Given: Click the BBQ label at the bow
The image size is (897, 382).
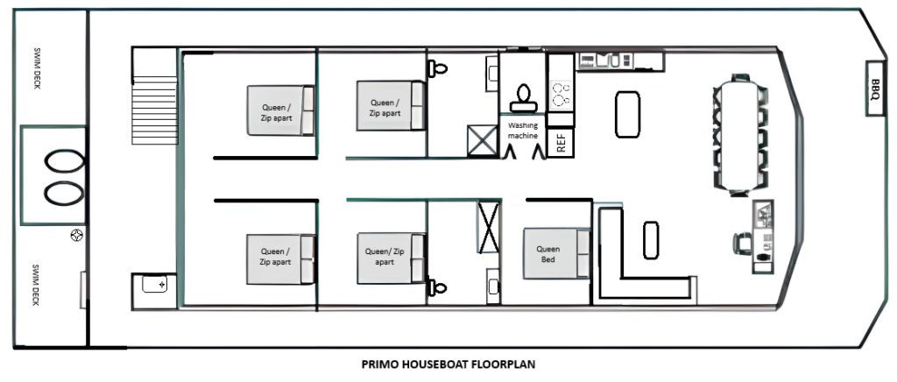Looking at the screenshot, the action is (875, 88).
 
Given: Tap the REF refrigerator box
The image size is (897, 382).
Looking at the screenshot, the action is (561, 143).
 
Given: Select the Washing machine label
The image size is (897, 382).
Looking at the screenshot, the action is (523, 130).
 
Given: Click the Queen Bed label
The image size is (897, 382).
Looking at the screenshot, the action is (548, 254).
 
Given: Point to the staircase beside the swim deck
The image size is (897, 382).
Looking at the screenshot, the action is (154, 110).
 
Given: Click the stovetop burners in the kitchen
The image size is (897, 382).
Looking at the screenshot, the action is (560, 95).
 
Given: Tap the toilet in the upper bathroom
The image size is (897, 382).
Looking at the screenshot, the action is (438, 69).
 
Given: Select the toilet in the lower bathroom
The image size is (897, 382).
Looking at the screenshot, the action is (438, 287).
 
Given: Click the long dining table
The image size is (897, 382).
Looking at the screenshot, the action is (738, 136).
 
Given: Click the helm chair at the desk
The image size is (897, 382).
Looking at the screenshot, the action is (742, 244).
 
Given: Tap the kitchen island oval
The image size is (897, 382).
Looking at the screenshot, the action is (627, 115).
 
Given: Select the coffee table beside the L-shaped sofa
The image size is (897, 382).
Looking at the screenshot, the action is (651, 240).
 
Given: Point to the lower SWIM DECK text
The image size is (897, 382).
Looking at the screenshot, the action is (36, 285).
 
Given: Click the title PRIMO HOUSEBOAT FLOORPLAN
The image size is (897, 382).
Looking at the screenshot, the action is (448, 364).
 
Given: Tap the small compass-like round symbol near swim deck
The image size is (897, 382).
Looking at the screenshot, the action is (77, 235).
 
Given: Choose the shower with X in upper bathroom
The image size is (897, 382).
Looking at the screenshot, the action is (483, 141).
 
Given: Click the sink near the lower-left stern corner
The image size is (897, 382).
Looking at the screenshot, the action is (154, 284).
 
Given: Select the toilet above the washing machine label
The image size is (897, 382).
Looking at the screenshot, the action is (523, 98).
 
